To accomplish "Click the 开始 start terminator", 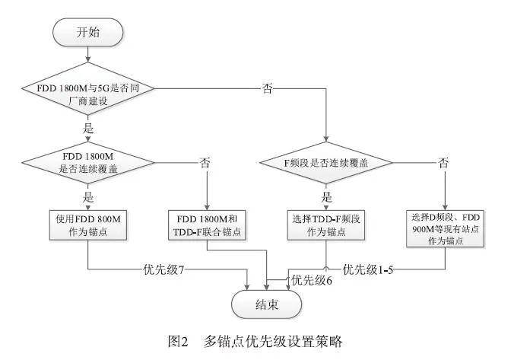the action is point(87,32).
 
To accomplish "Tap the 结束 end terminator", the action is point(267,304).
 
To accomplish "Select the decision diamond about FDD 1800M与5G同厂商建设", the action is point(87,89).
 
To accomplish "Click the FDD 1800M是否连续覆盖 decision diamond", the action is point(87,162).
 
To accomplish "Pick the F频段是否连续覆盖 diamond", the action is point(326,162).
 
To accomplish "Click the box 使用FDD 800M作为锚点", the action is point(88,225).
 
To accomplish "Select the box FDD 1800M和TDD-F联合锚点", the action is point(207,225).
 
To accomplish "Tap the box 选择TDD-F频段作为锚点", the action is point(326,225).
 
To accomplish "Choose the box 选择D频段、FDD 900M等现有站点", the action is point(445,228).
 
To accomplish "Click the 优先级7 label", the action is point(164,269).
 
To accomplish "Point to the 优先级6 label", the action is point(312,280).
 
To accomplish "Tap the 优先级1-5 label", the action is point(368,269).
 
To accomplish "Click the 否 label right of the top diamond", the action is point(267,89).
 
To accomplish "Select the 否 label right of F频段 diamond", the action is point(443,162).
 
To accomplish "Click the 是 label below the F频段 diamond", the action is point(326,197).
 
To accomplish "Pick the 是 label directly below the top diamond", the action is point(88,128).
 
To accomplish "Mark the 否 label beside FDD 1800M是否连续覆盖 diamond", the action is point(205,162).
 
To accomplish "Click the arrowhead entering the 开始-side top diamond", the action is point(87,59).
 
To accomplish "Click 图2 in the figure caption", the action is point(178,342).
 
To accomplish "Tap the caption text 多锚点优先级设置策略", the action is point(273,342).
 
